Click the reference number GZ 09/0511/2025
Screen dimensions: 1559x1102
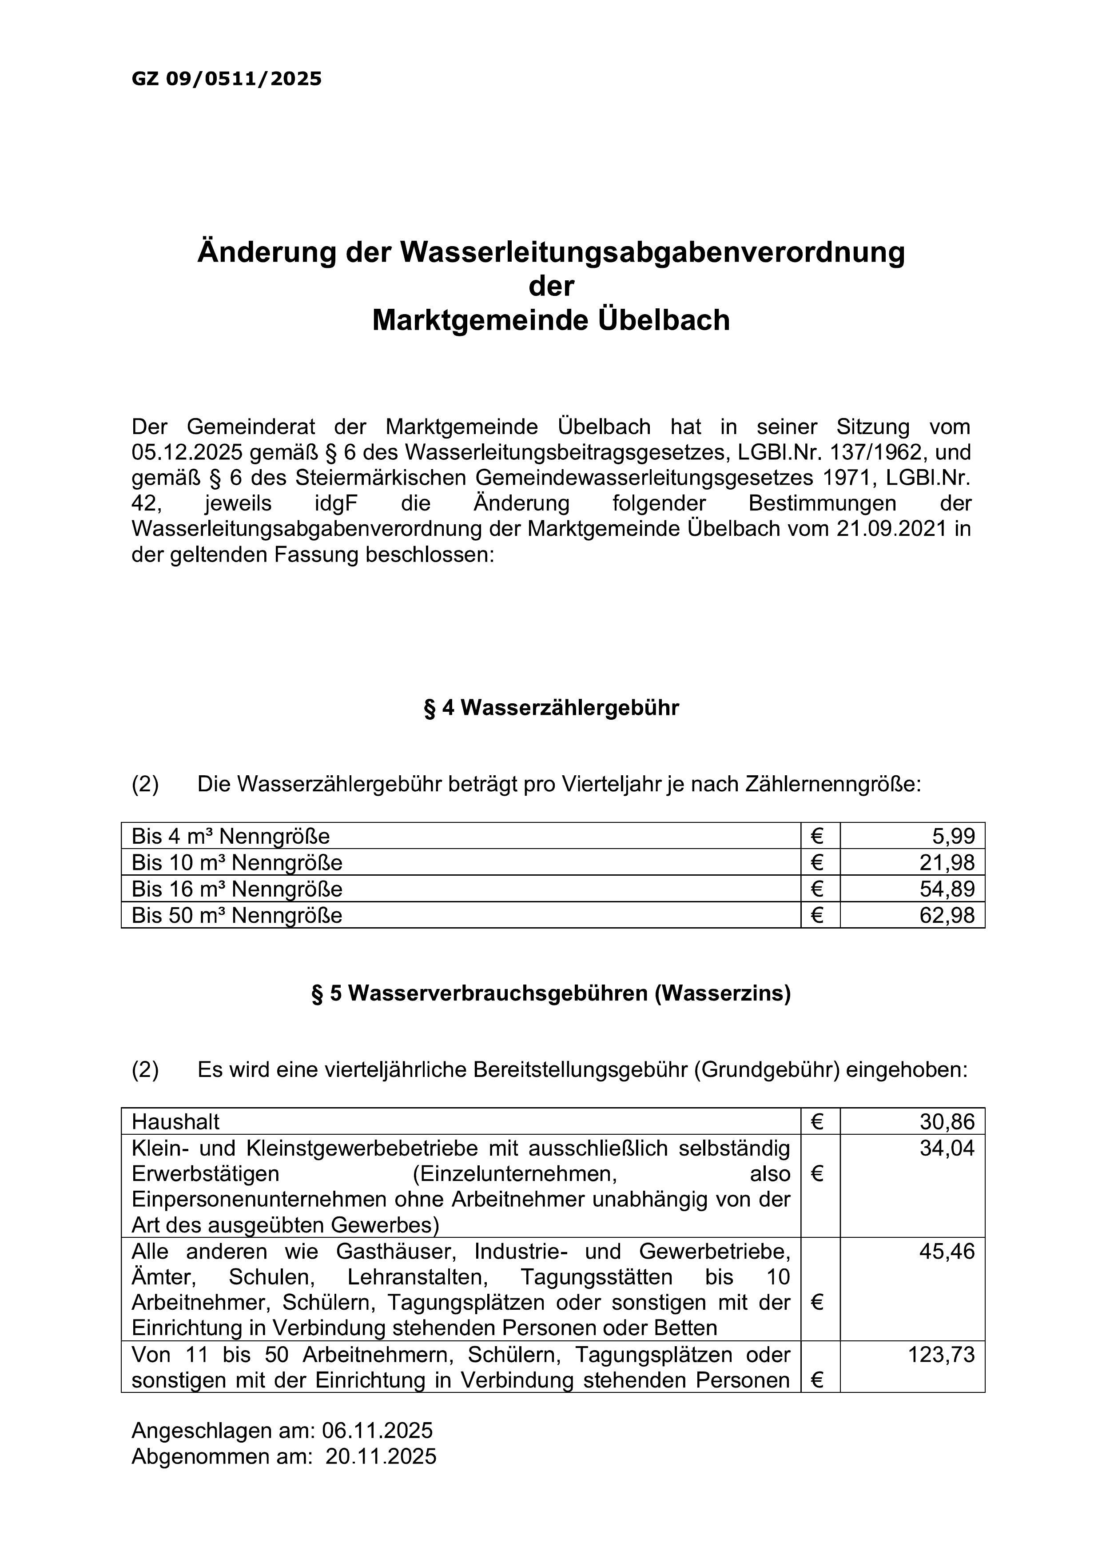(226, 79)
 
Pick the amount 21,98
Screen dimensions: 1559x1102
(947, 862)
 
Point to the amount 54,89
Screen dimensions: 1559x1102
(947, 889)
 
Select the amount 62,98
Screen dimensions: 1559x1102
(947, 915)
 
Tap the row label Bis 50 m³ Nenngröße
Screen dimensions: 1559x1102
(236, 915)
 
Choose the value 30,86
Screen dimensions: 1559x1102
(947, 1121)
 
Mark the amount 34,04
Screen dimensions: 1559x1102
(947, 1148)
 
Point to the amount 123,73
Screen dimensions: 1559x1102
(941, 1355)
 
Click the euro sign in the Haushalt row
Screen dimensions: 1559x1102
(817, 1121)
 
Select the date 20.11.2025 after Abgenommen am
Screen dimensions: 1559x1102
(381, 1456)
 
